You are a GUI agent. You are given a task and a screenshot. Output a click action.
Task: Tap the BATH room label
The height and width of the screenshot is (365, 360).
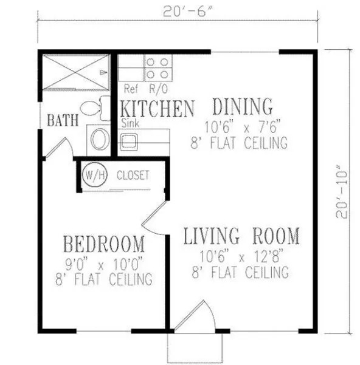click(x=63, y=120)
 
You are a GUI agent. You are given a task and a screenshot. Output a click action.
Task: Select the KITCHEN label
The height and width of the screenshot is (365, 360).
click(x=157, y=109)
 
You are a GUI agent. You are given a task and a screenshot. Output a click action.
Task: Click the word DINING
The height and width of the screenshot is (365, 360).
click(x=242, y=107)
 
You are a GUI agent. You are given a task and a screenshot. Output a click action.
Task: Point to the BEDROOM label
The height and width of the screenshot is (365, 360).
click(x=105, y=245)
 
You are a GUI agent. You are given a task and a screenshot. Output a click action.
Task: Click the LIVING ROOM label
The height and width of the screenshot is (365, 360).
click(x=241, y=235)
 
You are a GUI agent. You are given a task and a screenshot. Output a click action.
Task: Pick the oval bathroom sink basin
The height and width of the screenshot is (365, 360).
click(x=99, y=140)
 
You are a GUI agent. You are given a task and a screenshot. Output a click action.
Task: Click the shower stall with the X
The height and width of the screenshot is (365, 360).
click(x=75, y=73)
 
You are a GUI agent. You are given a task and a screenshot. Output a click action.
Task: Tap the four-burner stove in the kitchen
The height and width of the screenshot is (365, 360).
click(x=157, y=68)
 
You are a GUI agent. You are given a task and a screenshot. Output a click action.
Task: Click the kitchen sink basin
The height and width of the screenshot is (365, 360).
click(x=128, y=142)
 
